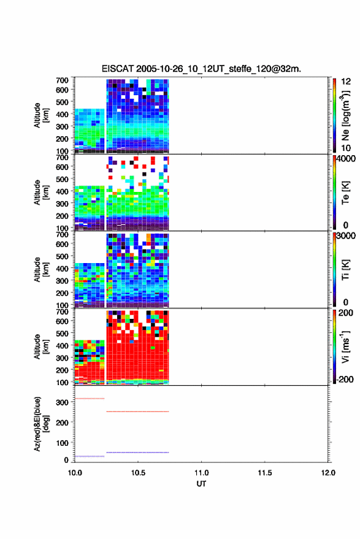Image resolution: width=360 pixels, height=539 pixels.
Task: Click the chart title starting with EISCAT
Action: pos(201,69)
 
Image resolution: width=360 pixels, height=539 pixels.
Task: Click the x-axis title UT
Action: pos(201,484)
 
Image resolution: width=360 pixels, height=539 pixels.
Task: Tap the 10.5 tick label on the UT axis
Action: pos(138,473)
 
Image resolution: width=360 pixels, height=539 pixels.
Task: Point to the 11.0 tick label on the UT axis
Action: pos(201,473)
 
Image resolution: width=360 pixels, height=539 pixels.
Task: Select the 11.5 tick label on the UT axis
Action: pos(264,473)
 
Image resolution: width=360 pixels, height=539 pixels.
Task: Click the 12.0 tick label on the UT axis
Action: pos(327,473)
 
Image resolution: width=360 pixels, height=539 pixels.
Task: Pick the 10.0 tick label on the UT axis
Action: pos(75,473)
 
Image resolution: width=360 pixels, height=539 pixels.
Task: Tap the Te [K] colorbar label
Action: pos(345,193)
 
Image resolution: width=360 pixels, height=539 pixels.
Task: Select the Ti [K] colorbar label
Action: pos(345,270)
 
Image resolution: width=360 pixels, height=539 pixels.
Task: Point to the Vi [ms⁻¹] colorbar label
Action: pos(345,346)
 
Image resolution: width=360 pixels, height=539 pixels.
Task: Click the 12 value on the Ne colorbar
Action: pos(346,82)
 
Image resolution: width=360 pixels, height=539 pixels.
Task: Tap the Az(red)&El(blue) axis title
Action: pos(42,424)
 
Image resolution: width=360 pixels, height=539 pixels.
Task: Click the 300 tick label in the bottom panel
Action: pos(62,402)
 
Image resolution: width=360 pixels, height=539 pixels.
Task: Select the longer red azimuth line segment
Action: pos(137,411)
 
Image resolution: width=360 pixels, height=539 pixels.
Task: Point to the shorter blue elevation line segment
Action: pos(90,456)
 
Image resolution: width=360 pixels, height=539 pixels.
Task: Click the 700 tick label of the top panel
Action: pos(62,80)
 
